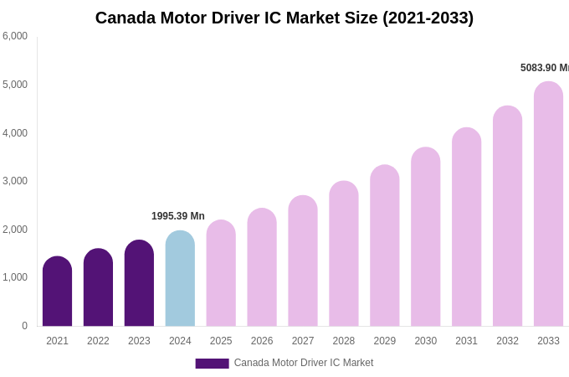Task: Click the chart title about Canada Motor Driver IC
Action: pyautogui.click(x=284, y=18)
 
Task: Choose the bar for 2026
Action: pyautogui.click(x=262, y=267)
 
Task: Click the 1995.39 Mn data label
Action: pyautogui.click(x=178, y=216)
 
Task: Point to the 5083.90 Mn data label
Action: pyautogui.click(x=544, y=68)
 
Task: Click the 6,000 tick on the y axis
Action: pyautogui.click(x=15, y=36)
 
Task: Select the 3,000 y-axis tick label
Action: pyautogui.click(x=15, y=181)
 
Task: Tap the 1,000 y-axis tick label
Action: pyautogui.click(x=15, y=277)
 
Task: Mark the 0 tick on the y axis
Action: pyautogui.click(x=24, y=326)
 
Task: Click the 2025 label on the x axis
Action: pyautogui.click(x=221, y=341)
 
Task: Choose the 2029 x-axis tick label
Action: pyautogui.click(x=385, y=341)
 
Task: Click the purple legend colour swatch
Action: pyautogui.click(x=212, y=364)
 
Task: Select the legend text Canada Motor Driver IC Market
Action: pyautogui.click(x=304, y=363)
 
